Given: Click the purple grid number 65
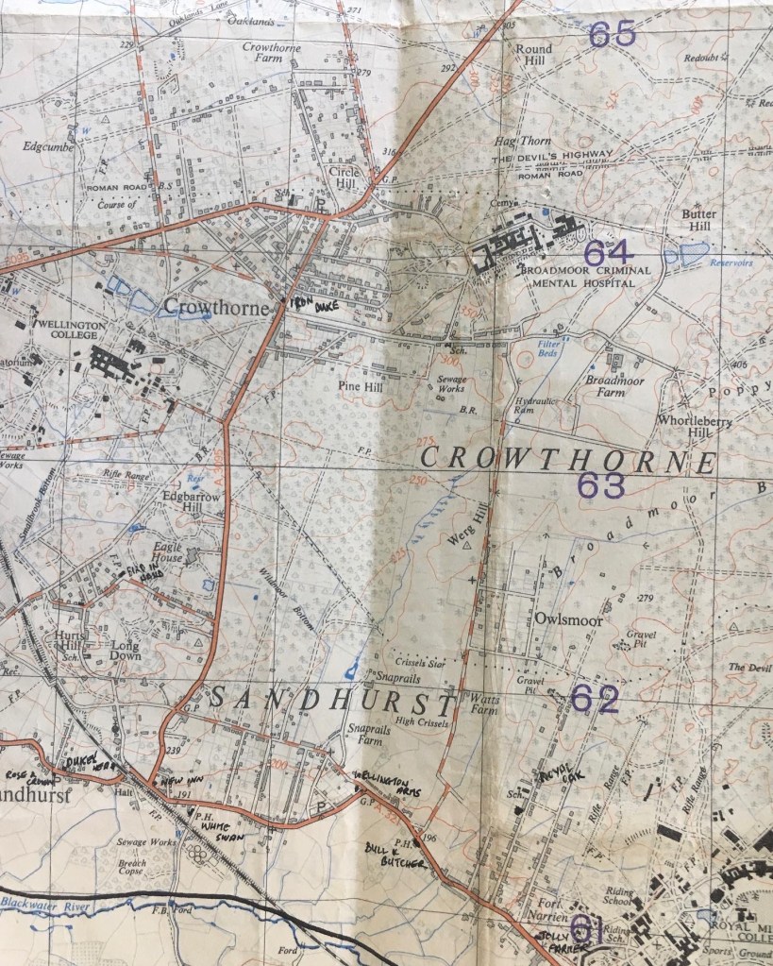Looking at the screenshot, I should coord(612,35).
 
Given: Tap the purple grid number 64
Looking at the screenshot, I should coord(606,253).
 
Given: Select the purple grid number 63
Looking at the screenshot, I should coord(601,485).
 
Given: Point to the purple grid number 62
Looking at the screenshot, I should coord(596,699).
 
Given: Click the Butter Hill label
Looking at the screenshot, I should coord(698,220).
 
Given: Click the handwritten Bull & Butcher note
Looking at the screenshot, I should coord(390,854).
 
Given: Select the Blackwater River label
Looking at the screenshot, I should coord(46,904).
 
